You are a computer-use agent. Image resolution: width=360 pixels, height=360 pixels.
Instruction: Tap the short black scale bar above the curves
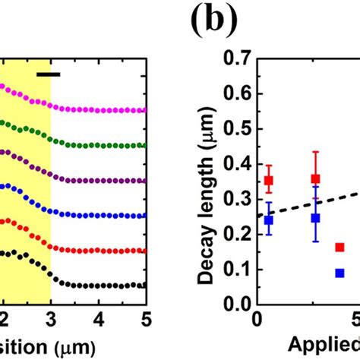pos(48,74)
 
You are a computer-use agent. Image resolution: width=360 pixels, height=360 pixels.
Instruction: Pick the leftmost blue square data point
pos(268,220)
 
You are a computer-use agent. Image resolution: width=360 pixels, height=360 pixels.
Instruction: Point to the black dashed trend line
pos(304,205)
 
